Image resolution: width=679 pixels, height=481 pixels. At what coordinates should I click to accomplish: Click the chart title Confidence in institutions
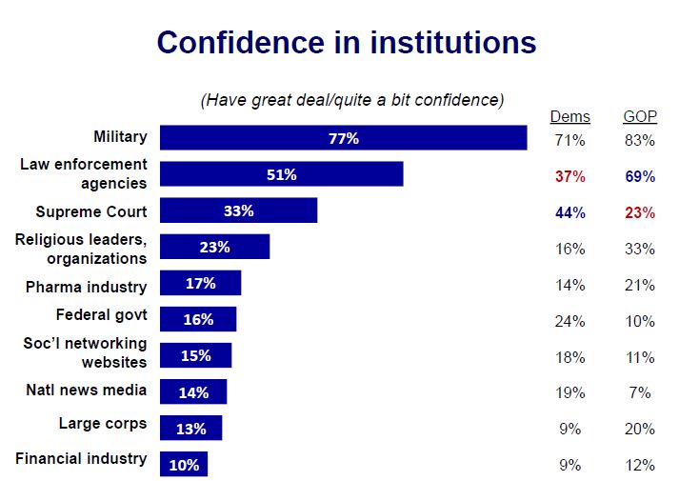pos(346,43)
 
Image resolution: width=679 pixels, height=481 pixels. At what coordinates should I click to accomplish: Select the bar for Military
pos(343,138)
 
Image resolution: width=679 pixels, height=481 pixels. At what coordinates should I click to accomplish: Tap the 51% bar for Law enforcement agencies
pos(281,174)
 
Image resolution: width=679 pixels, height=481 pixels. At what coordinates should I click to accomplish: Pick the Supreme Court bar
pos(238,210)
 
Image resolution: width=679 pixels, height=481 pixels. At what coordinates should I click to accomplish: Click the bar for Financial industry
pos(184,464)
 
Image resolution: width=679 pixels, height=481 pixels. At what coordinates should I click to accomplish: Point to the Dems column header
pos(569,117)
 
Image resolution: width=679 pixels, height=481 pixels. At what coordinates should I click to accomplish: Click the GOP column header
pos(640,117)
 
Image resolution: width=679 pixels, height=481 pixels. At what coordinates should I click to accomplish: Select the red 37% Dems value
pos(569,176)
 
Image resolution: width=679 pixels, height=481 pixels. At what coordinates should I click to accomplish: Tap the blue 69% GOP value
pos(640,176)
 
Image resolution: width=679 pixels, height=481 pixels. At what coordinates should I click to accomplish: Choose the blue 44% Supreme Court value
pos(569,212)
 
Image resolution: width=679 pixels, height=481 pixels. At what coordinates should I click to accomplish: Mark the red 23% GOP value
pos(640,212)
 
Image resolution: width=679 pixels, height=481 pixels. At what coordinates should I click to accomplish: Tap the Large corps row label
pos(102,424)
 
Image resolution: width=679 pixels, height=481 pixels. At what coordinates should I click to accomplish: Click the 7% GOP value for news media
pos(640,393)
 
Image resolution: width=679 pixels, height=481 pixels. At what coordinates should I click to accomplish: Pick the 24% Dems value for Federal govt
pos(569,321)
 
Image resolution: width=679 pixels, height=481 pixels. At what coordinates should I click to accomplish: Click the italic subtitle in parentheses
pos(352,100)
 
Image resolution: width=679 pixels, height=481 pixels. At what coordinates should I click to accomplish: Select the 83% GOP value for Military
pos(640,140)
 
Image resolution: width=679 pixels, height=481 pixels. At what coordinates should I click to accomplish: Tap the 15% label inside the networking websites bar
pos(196,355)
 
